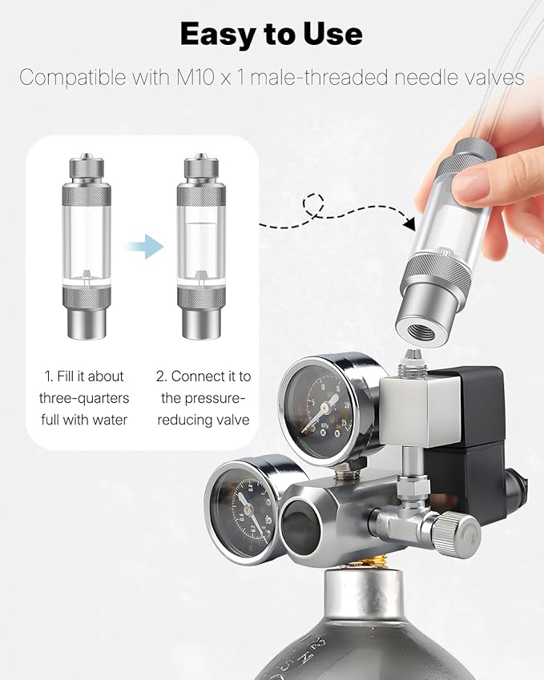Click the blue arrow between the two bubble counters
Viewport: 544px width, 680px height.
click(144, 247)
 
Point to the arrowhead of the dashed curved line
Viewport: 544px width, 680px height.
click(409, 223)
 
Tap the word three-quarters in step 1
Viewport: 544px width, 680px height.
click(84, 398)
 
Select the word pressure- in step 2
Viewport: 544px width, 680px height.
click(203, 398)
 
